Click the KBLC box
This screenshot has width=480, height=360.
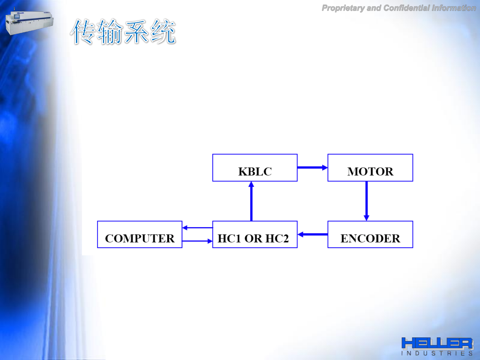pos(255,168)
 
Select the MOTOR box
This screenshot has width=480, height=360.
pos(370,168)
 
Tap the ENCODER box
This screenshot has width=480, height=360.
pos(370,235)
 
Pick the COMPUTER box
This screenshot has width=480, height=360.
pos(140,235)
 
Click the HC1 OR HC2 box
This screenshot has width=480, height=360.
pos(255,235)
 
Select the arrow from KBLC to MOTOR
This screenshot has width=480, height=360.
pos(312,167)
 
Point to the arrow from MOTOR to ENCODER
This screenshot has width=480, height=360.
pos(366,201)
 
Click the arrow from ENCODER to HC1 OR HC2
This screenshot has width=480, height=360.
pos(312,234)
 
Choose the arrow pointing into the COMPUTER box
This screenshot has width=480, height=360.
pos(197,228)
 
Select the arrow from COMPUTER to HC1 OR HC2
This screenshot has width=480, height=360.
pos(197,241)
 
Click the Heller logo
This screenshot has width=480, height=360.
pos(437,343)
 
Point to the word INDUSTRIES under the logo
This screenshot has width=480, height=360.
pos(437,353)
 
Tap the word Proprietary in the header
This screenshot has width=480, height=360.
pos(343,8)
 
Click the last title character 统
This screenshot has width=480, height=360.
pos(163,32)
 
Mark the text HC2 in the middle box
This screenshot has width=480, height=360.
pos(277,238)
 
